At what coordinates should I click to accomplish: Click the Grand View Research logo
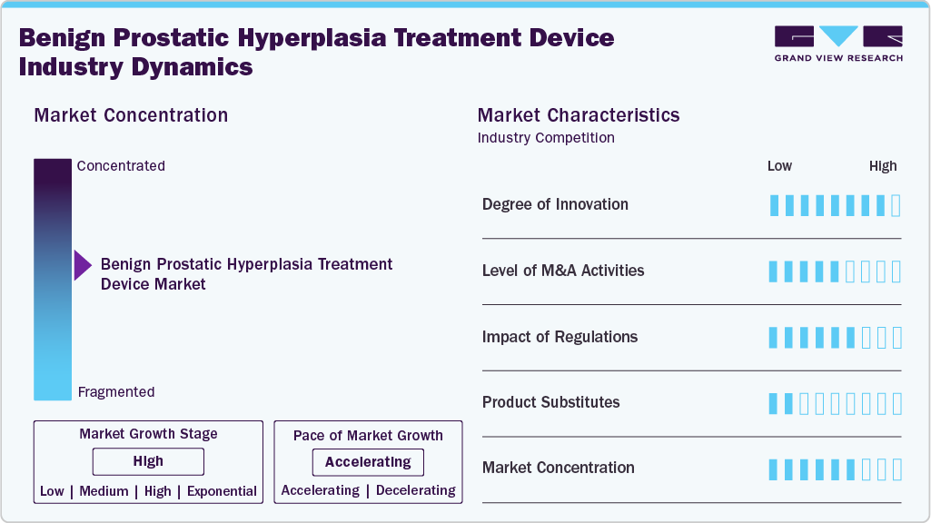(x=838, y=43)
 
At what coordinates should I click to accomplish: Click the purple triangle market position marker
(x=83, y=266)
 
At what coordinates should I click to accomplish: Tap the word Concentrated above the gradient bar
(x=121, y=166)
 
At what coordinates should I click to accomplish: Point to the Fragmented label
(x=116, y=392)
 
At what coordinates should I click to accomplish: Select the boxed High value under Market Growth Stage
(x=148, y=461)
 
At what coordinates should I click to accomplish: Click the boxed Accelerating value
(x=368, y=462)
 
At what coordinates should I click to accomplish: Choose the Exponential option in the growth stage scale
(x=222, y=491)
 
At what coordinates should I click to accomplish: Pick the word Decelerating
(x=416, y=490)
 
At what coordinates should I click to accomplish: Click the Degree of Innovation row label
(x=555, y=204)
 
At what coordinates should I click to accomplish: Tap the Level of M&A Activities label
(x=563, y=271)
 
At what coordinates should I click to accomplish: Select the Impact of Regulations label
(x=560, y=337)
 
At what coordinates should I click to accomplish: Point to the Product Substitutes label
(x=550, y=402)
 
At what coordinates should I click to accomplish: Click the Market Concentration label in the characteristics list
(x=558, y=468)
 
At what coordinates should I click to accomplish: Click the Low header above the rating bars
(x=779, y=166)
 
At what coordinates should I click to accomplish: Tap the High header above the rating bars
(x=883, y=166)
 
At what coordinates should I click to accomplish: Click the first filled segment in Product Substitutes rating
(x=774, y=403)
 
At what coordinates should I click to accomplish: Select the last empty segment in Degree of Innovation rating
(x=896, y=205)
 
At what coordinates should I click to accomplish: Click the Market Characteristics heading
(x=579, y=115)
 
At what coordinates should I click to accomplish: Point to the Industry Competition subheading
(x=546, y=138)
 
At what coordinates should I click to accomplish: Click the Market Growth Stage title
(x=148, y=434)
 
